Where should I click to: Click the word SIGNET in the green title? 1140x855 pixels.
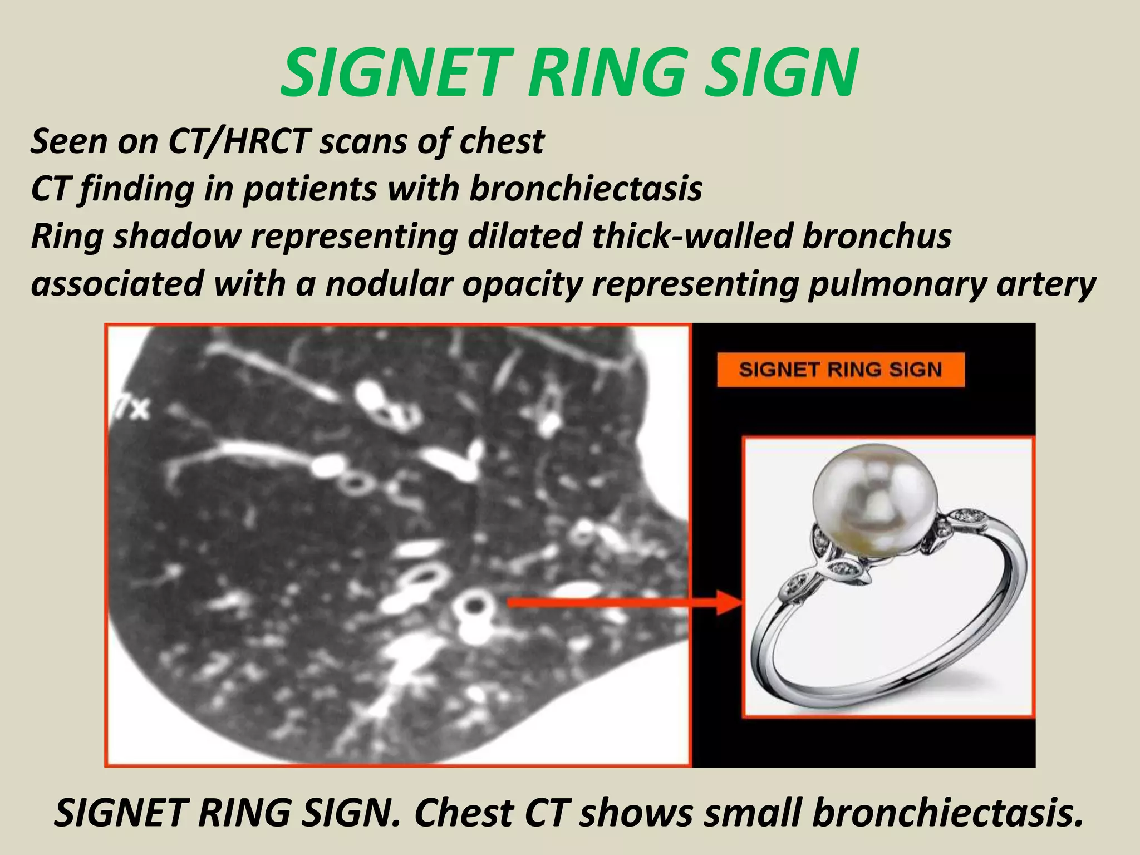394,72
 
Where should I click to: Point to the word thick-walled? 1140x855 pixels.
692,236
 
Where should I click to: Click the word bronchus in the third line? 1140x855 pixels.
877,236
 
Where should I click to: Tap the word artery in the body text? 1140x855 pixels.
1046,284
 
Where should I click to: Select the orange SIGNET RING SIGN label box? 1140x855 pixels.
841,370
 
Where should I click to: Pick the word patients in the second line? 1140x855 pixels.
310,189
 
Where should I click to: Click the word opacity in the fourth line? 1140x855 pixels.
522,284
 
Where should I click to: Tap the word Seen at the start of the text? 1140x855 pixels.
68,141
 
